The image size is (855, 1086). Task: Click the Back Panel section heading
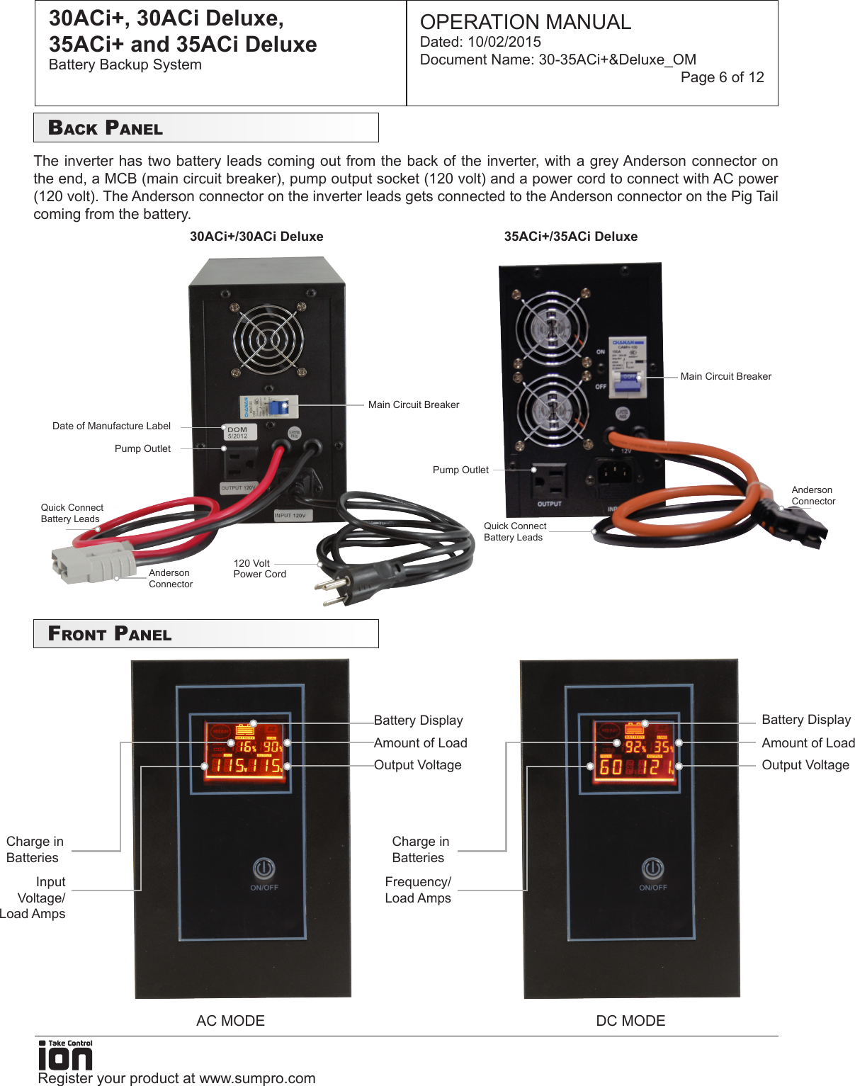106,128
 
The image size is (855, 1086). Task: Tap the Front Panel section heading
110,634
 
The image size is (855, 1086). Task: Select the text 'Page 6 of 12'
722,77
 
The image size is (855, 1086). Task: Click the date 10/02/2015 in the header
504,42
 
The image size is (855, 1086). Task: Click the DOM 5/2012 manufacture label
238,432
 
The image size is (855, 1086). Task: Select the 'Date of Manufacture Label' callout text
111,426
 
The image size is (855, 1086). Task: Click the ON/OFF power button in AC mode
264,869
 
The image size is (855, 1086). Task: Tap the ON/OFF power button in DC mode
652,869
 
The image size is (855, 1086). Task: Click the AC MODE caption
230,1021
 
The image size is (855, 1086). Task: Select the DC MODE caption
630,1021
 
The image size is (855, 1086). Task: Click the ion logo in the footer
65,1056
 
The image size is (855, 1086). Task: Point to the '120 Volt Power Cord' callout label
259,569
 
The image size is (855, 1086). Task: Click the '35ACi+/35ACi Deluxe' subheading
570,237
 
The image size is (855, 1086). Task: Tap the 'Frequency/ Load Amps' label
418,890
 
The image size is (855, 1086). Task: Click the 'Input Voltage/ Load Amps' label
35,898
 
